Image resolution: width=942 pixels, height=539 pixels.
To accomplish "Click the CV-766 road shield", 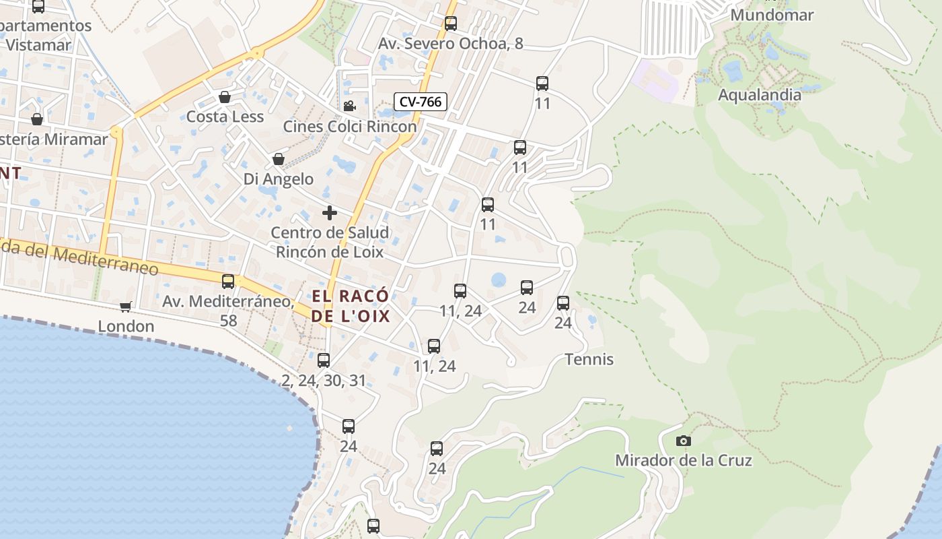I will click(x=421, y=102).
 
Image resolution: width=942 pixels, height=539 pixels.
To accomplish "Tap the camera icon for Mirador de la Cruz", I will click(x=683, y=441).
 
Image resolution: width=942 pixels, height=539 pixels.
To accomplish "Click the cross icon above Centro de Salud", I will click(x=330, y=213).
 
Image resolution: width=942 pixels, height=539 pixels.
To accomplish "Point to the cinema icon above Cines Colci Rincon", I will click(x=349, y=106).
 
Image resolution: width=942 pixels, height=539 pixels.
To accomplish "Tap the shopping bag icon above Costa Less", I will click(x=225, y=97).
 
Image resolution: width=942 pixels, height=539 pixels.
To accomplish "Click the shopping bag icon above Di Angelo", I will click(x=279, y=160).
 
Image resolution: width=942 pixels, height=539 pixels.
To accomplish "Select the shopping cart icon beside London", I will click(x=125, y=307).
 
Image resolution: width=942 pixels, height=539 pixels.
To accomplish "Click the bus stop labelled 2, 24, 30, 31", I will click(x=324, y=360).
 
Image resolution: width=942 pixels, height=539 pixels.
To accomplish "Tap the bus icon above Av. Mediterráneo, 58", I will click(x=228, y=281).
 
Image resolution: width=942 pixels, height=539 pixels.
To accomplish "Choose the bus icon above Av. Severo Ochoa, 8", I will click(x=451, y=24).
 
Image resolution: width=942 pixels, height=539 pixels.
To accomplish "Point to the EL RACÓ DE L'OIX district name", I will click(x=351, y=305).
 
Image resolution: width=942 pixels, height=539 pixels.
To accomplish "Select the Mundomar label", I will click(x=772, y=15).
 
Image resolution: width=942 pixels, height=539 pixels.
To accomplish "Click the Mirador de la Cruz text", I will click(x=684, y=461).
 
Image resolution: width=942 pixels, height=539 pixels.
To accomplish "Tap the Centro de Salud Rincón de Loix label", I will click(x=330, y=243).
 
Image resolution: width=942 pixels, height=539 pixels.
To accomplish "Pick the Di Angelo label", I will click(x=279, y=179).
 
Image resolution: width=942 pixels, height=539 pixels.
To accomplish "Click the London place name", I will click(x=126, y=327).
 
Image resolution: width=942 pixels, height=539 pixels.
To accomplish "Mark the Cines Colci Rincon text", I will click(x=350, y=126).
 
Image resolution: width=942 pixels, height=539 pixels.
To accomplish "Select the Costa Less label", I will click(x=225, y=117).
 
